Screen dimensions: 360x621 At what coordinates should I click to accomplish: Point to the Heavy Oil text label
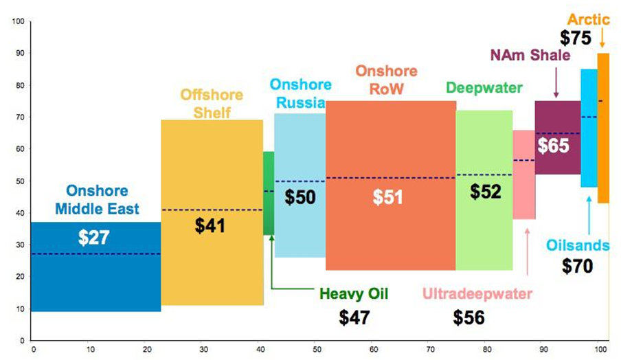pyautogui.click(x=354, y=294)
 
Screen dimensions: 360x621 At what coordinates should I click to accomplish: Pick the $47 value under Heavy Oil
pyautogui.click(x=354, y=317)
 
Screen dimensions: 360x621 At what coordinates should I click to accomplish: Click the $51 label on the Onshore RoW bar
pyautogui.click(x=388, y=196)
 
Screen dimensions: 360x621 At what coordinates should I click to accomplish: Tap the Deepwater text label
pyautogui.click(x=484, y=88)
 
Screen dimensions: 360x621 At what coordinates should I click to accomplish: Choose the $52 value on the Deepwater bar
pyautogui.click(x=486, y=192)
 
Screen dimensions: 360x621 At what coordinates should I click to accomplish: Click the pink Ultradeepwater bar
pyautogui.click(x=523, y=199)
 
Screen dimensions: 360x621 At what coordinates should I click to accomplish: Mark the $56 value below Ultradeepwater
pyautogui.click(x=469, y=317)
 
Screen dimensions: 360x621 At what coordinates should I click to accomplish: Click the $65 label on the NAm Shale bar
pyautogui.click(x=553, y=146)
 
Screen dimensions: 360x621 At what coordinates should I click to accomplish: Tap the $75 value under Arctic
pyautogui.click(x=575, y=37)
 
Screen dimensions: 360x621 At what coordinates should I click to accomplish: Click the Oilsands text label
pyautogui.click(x=578, y=244)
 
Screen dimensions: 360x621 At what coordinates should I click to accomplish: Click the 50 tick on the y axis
pyautogui.click(x=19, y=181)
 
